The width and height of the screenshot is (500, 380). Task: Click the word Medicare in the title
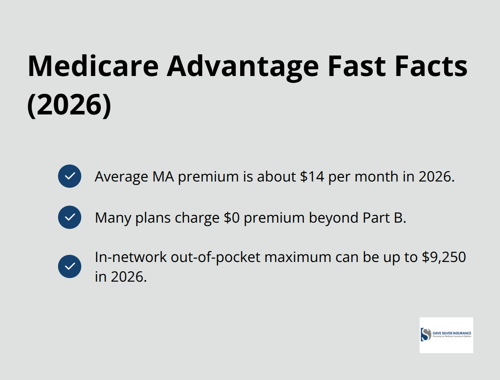pos(93,66)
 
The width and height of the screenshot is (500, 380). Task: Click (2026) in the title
pos(69,105)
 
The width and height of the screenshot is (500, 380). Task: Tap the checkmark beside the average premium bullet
pos(70,176)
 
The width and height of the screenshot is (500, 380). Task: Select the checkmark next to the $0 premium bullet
pos(70,217)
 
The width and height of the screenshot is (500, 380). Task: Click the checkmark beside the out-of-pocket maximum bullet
pos(70,266)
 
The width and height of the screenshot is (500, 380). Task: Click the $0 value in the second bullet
pos(232,218)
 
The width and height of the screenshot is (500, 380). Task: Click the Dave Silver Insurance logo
pos(446,335)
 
